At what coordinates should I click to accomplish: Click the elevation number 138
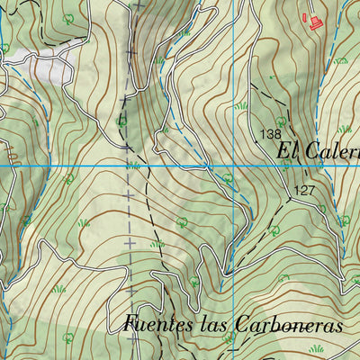[269, 134]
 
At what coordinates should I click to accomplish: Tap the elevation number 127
[303, 190]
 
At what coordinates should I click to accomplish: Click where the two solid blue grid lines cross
[233, 166]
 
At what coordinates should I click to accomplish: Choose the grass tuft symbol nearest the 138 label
[242, 106]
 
